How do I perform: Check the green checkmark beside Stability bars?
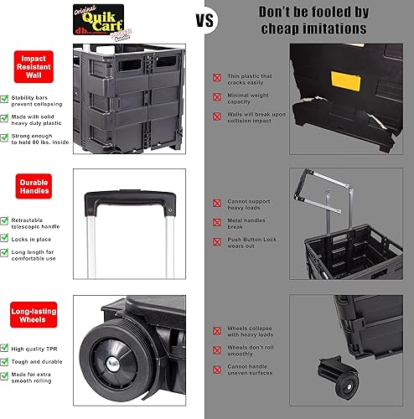pos(6,99)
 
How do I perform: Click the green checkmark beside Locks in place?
pos(6,239)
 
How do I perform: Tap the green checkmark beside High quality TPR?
pos(6,346)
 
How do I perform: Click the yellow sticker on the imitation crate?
pos(343,80)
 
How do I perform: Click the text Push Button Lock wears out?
pos(251,242)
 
